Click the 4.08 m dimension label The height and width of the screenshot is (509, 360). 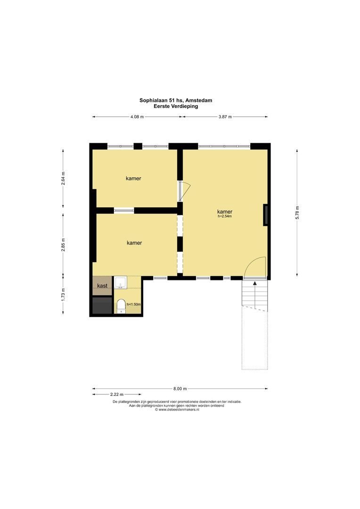pyautogui.click(x=137, y=117)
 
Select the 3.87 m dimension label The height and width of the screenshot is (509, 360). pyautogui.click(x=225, y=117)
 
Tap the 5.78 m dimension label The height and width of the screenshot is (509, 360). pyautogui.click(x=297, y=213)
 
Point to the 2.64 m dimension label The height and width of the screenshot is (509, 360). pyautogui.click(x=63, y=178)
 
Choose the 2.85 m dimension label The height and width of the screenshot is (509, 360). pyautogui.click(x=63, y=245)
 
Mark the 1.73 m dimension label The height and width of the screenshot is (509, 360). pyautogui.click(x=63, y=295)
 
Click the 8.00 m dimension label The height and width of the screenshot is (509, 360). pyautogui.click(x=180, y=388)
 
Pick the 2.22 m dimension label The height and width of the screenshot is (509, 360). pyautogui.click(x=117, y=394)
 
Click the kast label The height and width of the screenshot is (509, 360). pyautogui.click(x=102, y=286)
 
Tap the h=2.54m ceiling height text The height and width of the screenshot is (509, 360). pyautogui.click(x=225, y=216)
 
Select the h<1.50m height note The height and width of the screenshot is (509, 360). pyautogui.click(x=134, y=304)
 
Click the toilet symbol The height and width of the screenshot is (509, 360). pyautogui.click(x=121, y=306)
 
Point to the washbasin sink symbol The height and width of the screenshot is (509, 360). pyautogui.click(x=121, y=282)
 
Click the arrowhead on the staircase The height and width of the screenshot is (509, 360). pyautogui.click(x=255, y=283)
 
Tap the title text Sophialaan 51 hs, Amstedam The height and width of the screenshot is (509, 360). pyautogui.click(x=176, y=100)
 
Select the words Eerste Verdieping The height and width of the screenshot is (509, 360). pyautogui.click(x=176, y=106)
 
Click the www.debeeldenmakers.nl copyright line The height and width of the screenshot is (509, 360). pyautogui.click(x=177, y=410)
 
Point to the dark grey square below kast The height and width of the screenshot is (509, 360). pyautogui.click(x=102, y=305)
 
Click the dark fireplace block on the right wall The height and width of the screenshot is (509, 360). pyautogui.click(x=265, y=214)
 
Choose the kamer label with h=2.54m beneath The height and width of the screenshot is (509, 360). pyautogui.click(x=225, y=212)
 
